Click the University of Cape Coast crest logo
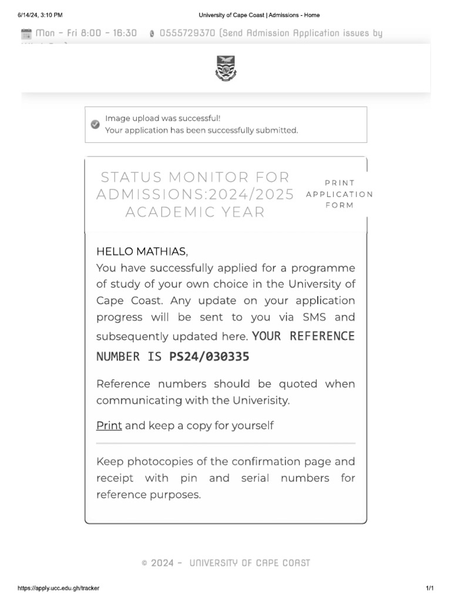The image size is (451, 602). (225, 67)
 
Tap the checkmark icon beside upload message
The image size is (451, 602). (95, 124)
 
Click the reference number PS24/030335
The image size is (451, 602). (209, 356)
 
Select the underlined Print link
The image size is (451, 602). (109, 425)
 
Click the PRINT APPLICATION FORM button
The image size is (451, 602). (339, 194)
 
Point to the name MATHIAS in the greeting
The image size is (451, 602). (161, 252)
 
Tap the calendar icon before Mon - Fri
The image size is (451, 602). (26, 34)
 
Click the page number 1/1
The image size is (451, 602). (429, 588)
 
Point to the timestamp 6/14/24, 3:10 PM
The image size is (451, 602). (40, 15)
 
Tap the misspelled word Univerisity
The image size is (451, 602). (260, 400)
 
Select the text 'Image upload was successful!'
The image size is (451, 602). (163, 118)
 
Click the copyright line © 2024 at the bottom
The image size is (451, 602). (225, 563)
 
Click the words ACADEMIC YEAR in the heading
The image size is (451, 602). (195, 212)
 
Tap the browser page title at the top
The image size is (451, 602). (259, 15)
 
